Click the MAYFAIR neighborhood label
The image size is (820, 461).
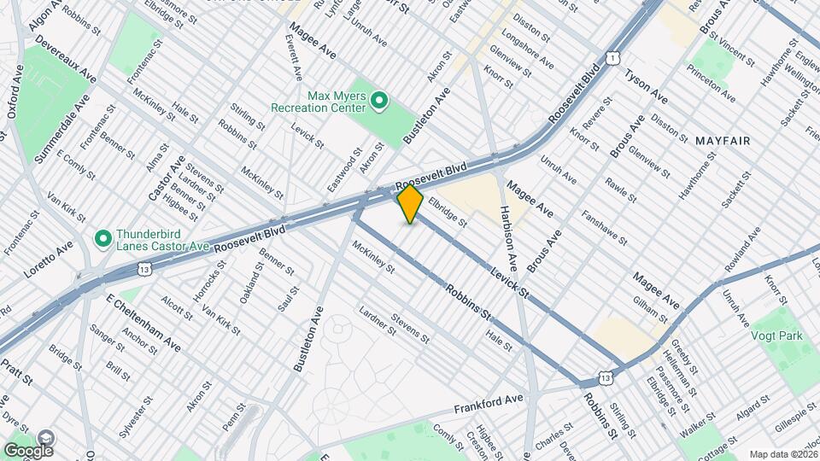tap(722, 139)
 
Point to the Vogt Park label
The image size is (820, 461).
tap(776, 336)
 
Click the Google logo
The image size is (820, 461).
tap(27, 450)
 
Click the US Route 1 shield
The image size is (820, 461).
tap(613, 57)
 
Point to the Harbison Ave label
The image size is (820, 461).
tap(510, 239)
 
